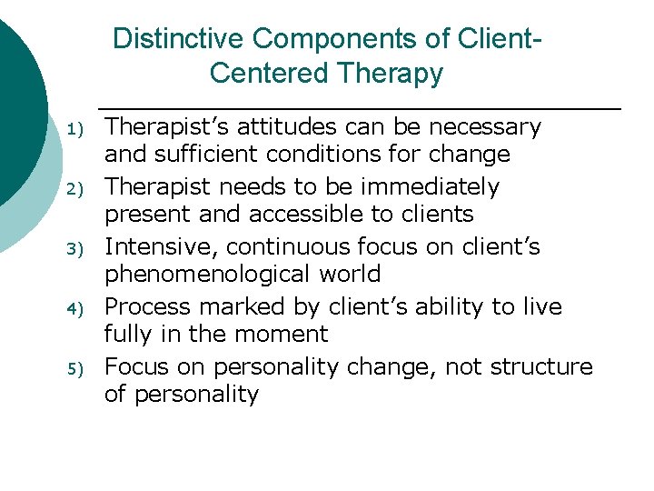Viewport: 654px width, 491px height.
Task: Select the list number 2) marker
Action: click(x=76, y=189)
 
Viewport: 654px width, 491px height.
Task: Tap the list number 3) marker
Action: click(x=76, y=249)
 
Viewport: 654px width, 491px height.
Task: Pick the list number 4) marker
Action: click(x=76, y=309)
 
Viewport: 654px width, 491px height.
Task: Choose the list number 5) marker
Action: click(x=76, y=369)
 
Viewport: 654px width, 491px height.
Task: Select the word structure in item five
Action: click(x=540, y=366)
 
